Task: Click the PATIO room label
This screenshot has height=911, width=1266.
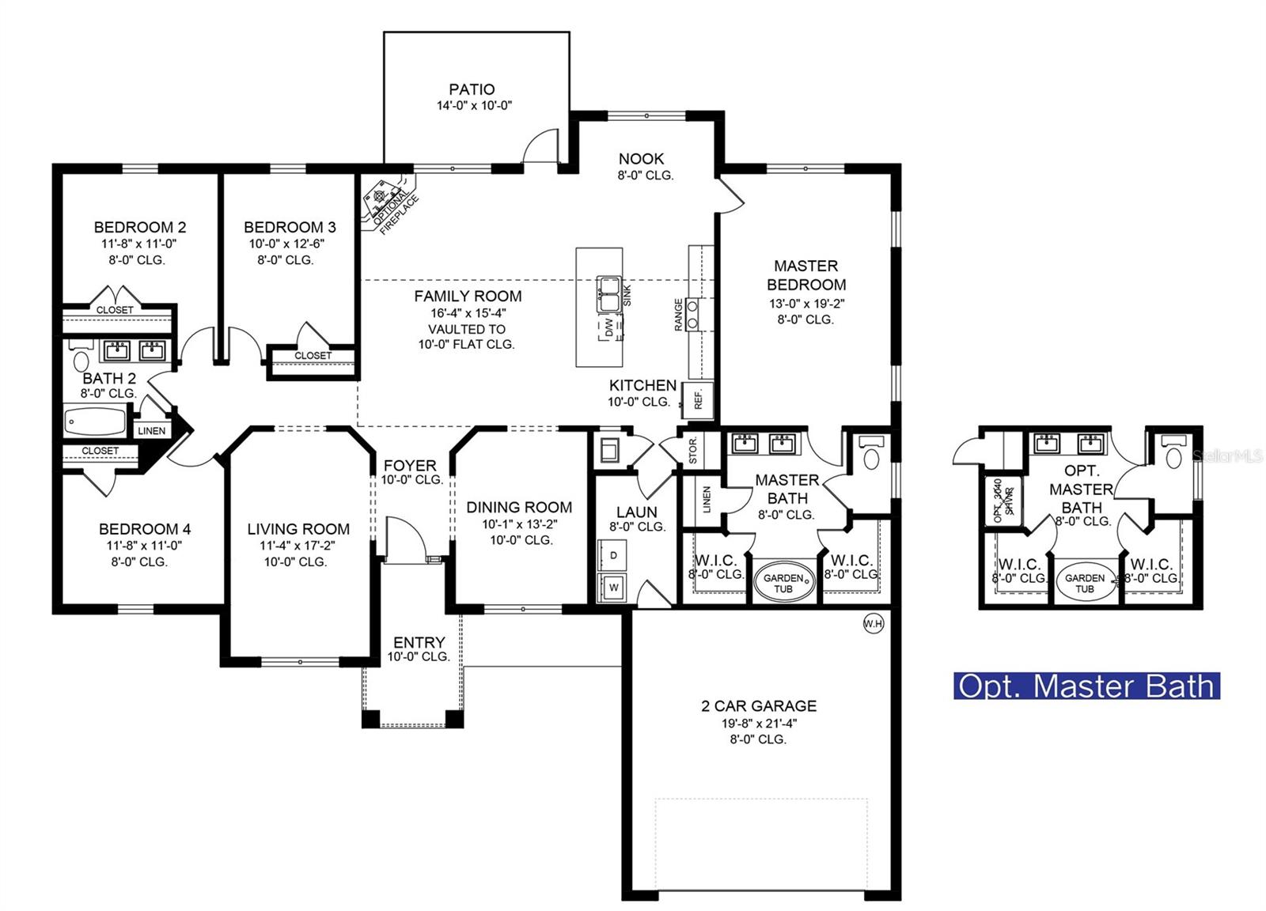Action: point(472,89)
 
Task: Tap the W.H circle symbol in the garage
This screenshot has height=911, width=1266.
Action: point(873,625)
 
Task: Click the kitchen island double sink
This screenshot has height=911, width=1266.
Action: point(608,294)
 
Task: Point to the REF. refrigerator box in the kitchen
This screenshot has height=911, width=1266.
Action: point(699,399)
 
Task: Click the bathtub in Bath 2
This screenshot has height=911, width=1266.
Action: point(95,421)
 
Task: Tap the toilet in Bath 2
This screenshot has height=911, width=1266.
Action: point(80,360)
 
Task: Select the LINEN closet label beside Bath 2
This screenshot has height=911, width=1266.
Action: point(151,431)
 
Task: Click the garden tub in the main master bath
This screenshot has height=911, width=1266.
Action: point(783,583)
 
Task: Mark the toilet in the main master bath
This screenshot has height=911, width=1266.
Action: point(871,455)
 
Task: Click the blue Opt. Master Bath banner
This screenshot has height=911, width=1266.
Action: point(1086,686)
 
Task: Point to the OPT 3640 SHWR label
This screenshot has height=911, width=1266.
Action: point(1003,501)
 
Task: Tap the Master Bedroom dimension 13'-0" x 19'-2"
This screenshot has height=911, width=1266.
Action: point(805,304)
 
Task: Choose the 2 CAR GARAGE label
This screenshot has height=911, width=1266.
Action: point(758,706)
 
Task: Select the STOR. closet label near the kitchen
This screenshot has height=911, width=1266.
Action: point(693,450)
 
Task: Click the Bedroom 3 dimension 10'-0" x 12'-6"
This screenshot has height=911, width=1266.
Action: point(286,244)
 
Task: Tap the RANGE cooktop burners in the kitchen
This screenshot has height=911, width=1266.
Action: point(692,313)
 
